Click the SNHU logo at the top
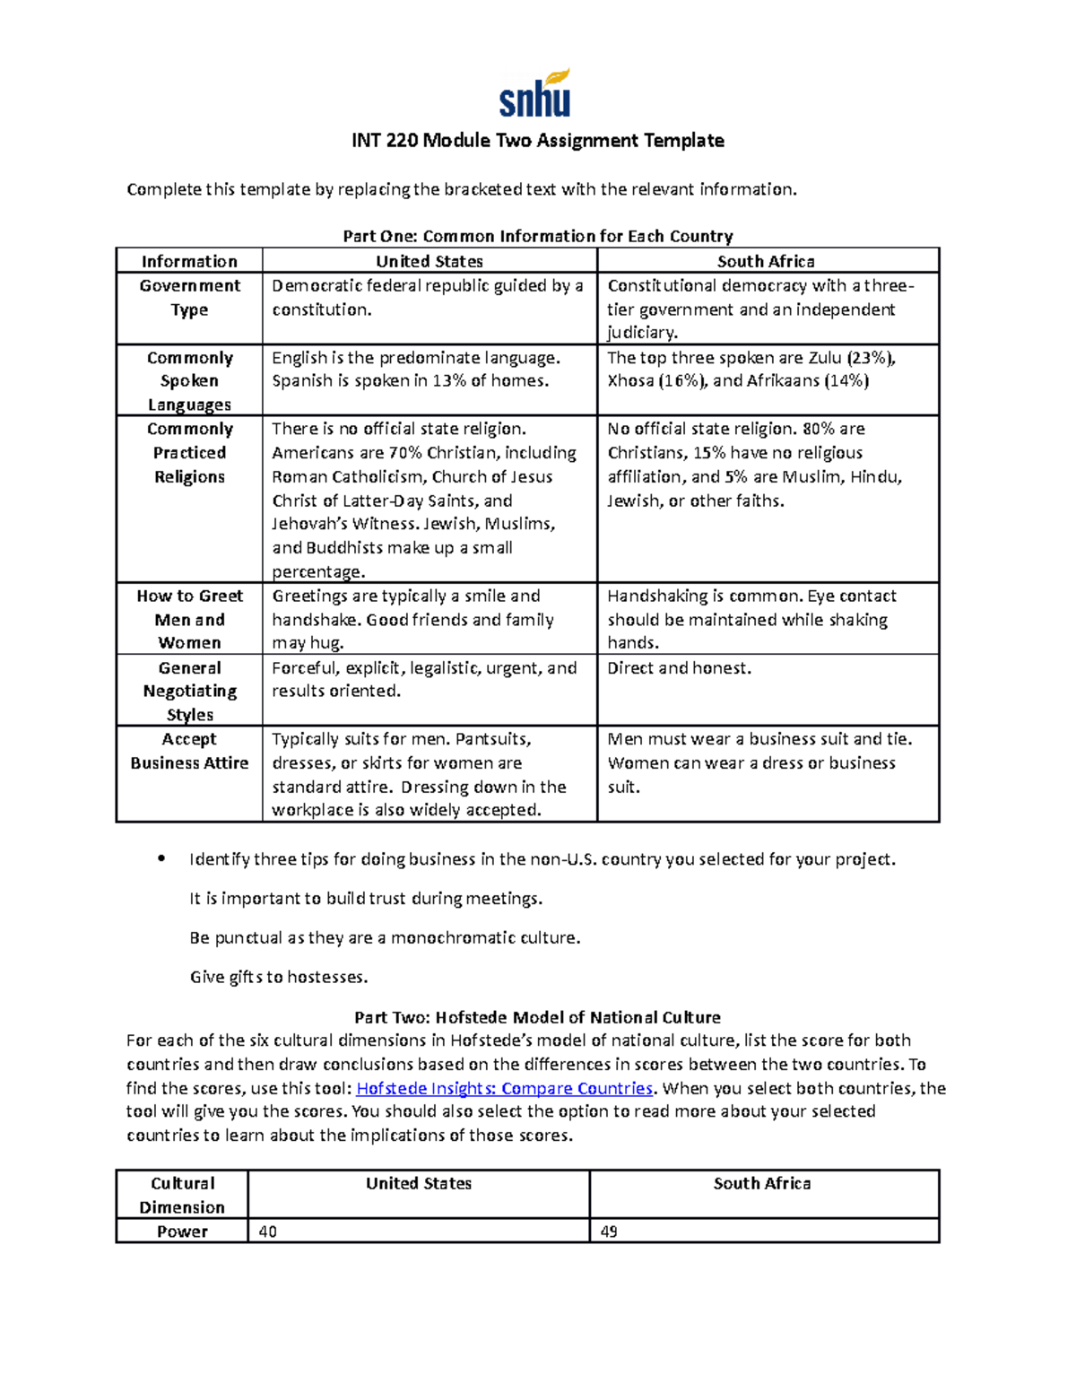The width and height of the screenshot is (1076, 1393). pos(534,93)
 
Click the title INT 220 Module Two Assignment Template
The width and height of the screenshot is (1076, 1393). pos(537,141)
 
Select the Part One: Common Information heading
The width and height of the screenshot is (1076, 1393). pos(537,236)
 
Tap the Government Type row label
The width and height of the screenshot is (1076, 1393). pos(189,298)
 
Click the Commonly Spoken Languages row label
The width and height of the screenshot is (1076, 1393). pos(189,381)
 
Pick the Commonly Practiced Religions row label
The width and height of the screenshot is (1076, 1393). pos(189,453)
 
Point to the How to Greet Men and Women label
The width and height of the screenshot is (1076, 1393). pos(189,620)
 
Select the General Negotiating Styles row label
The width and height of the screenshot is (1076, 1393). pos(189,692)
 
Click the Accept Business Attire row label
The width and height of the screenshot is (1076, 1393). pos(189,752)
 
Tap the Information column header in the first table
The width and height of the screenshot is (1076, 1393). pos(189,261)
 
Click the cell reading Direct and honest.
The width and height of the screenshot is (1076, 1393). pos(679,668)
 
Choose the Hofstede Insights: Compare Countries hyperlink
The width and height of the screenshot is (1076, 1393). pos(504,1088)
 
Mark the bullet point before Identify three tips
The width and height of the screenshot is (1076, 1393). pos(161,858)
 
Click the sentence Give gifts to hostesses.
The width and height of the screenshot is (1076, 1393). pos(279,977)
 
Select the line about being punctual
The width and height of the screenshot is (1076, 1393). pos(385,937)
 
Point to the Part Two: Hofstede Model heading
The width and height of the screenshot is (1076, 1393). pos(537,1017)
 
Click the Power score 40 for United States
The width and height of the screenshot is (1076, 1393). pos(267,1232)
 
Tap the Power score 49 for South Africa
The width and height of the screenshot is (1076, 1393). pos(609,1232)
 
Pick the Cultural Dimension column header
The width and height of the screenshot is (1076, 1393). pos(182,1195)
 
